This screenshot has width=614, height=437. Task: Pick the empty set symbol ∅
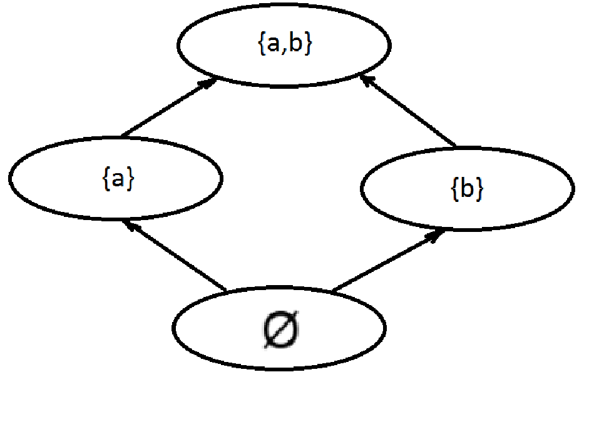coord(279,329)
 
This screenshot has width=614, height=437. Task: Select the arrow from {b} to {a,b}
coord(410,113)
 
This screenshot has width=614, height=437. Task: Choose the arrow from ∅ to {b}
coord(388,261)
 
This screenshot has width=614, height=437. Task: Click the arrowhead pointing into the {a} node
coord(130,224)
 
